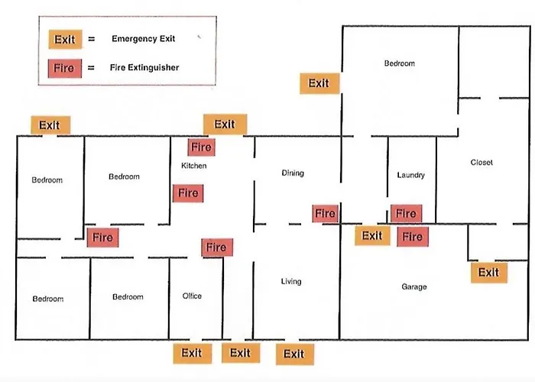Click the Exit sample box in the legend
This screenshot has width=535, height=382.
[65, 39]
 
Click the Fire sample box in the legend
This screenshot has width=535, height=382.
[65, 68]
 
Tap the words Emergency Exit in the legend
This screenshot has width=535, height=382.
[144, 38]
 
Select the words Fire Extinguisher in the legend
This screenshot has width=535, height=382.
[144, 67]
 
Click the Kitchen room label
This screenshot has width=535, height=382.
[194, 166]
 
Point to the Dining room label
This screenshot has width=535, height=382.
[293, 173]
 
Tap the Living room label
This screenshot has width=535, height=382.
[291, 281]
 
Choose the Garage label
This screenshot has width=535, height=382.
[414, 286]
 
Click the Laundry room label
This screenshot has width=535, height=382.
[411, 175]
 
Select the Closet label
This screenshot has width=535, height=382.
[481, 162]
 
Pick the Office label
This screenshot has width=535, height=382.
[192, 296]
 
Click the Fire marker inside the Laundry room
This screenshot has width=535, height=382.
[406, 214]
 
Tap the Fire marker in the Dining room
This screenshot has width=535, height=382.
[325, 213]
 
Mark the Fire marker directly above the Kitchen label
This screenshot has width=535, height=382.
[201, 147]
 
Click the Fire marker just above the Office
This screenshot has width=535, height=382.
[217, 248]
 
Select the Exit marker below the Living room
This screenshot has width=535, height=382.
[295, 354]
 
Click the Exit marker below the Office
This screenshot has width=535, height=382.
[193, 353]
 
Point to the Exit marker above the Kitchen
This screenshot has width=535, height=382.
[225, 125]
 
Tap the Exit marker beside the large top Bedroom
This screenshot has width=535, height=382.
[319, 83]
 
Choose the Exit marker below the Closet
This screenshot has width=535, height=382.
[489, 273]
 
